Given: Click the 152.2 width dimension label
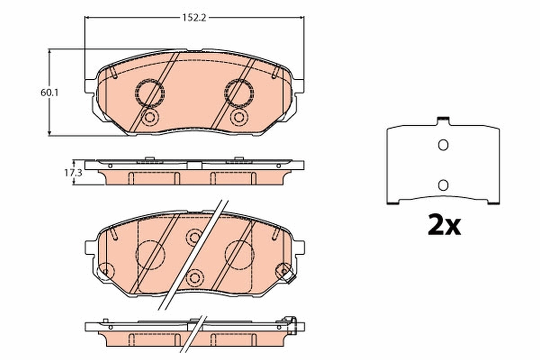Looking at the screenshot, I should point(193,18).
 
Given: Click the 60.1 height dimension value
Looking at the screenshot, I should point(49,92).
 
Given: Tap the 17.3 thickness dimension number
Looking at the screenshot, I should point(69,172).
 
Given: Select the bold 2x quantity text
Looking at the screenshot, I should point(444,226).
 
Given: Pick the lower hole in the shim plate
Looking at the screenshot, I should point(443,184).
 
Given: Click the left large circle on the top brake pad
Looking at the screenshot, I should point(149,93).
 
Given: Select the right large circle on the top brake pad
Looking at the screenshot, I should point(239,93).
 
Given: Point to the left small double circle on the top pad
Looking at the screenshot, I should point(149,118).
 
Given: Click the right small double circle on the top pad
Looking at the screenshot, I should point(238,117).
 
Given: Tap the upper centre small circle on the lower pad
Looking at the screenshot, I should point(194,236).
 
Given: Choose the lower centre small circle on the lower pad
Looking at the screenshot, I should point(195,277).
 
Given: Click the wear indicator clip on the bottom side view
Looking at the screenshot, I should point(290,325).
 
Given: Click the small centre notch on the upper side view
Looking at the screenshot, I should point(194,165).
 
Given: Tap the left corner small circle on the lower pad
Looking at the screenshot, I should point(106,270).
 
